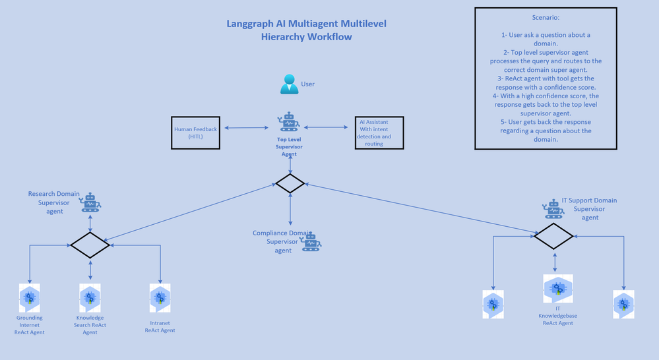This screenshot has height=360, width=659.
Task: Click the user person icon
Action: coord(289,84)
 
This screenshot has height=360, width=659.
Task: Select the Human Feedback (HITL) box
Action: coord(195,133)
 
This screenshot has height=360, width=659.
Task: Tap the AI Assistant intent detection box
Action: coord(379,133)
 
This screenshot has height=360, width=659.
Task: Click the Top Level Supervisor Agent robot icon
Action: coord(289,122)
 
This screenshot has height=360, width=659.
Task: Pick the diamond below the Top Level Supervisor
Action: coord(290,183)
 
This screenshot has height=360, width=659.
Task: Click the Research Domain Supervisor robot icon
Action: coord(90,202)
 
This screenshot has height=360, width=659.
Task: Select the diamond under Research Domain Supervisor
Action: coord(90,245)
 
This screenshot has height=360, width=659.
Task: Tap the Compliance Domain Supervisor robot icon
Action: coord(311,242)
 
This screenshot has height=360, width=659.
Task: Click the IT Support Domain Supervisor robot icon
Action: coord(554,209)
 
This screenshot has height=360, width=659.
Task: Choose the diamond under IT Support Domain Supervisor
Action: coord(553,236)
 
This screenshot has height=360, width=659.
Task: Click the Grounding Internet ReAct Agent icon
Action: coord(30,298)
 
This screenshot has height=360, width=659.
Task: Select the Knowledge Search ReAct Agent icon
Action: coord(90,298)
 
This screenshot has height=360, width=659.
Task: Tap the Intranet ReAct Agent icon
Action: coord(160,298)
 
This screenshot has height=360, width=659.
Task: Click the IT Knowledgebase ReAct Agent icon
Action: coord(558,289)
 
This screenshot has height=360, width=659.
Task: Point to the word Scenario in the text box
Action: coord(546,17)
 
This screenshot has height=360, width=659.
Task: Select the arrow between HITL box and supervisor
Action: coord(245,128)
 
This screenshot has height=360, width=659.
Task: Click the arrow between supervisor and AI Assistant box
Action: coord(325,127)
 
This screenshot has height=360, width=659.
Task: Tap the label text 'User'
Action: coord(307,84)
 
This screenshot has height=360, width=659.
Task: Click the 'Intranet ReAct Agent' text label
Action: coord(160,326)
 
